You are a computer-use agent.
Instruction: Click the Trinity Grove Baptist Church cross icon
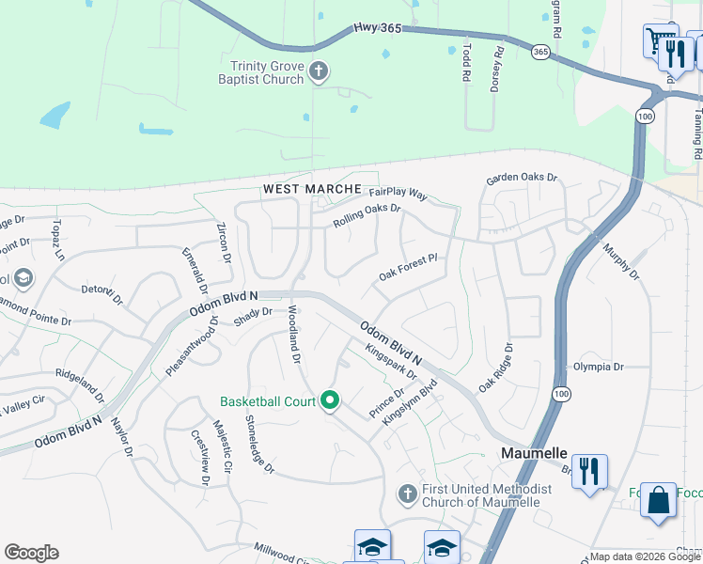[319, 71]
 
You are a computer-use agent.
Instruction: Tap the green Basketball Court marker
[329, 401]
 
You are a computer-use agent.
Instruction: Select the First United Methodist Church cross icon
[407, 493]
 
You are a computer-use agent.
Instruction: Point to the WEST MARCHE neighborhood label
[311, 189]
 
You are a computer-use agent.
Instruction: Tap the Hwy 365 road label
[379, 29]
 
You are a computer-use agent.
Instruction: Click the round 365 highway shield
[540, 51]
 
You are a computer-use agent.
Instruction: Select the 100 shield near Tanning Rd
[644, 116]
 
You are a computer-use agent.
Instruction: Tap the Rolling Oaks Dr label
[367, 215]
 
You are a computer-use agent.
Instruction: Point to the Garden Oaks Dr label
[522, 178]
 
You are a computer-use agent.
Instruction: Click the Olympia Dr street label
[598, 368]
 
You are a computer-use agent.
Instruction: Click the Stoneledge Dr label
[259, 444]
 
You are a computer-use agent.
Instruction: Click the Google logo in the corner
[31, 553]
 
